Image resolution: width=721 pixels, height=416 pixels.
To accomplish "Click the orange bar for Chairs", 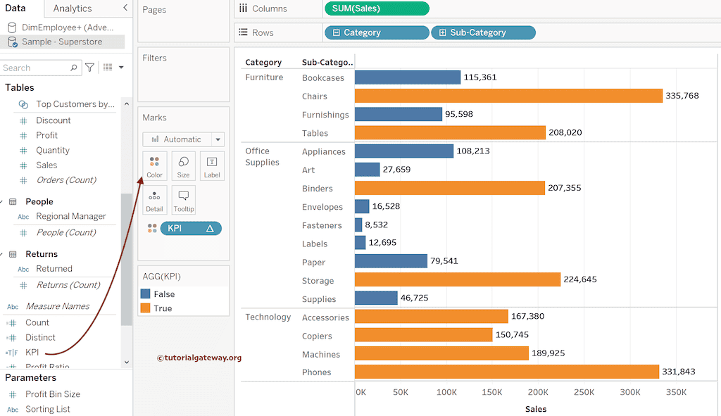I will (508, 96).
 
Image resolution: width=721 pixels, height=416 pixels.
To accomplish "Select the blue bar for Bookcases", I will (408, 77).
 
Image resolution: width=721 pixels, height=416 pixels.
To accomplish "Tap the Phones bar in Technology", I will (506, 372).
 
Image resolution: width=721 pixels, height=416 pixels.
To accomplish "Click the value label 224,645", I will (579, 279).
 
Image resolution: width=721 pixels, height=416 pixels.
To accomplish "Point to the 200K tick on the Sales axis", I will (538, 392).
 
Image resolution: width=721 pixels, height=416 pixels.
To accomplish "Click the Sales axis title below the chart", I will (535, 409).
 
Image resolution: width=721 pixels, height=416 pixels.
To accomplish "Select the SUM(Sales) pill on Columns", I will (377, 8).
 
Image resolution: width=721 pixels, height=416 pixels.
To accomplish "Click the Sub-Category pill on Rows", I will (483, 32).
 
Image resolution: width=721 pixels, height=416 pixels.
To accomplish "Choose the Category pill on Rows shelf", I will (376, 32).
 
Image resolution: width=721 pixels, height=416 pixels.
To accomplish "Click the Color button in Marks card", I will (154, 166).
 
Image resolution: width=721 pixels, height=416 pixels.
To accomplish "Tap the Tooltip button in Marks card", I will (183, 201).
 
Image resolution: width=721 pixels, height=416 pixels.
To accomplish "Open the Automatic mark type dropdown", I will (183, 139).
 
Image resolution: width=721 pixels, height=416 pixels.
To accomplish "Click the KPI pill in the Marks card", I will (190, 228).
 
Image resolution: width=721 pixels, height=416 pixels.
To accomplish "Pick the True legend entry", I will (163, 308).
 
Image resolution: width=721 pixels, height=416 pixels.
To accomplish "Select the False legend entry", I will (163, 294).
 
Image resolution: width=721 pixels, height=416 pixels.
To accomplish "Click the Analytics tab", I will (73, 8).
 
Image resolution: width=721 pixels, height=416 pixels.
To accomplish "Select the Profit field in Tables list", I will (47, 135).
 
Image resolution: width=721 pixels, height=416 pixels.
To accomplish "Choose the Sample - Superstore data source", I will (62, 42).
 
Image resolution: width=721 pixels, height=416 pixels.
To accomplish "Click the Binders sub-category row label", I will (318, 189).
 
